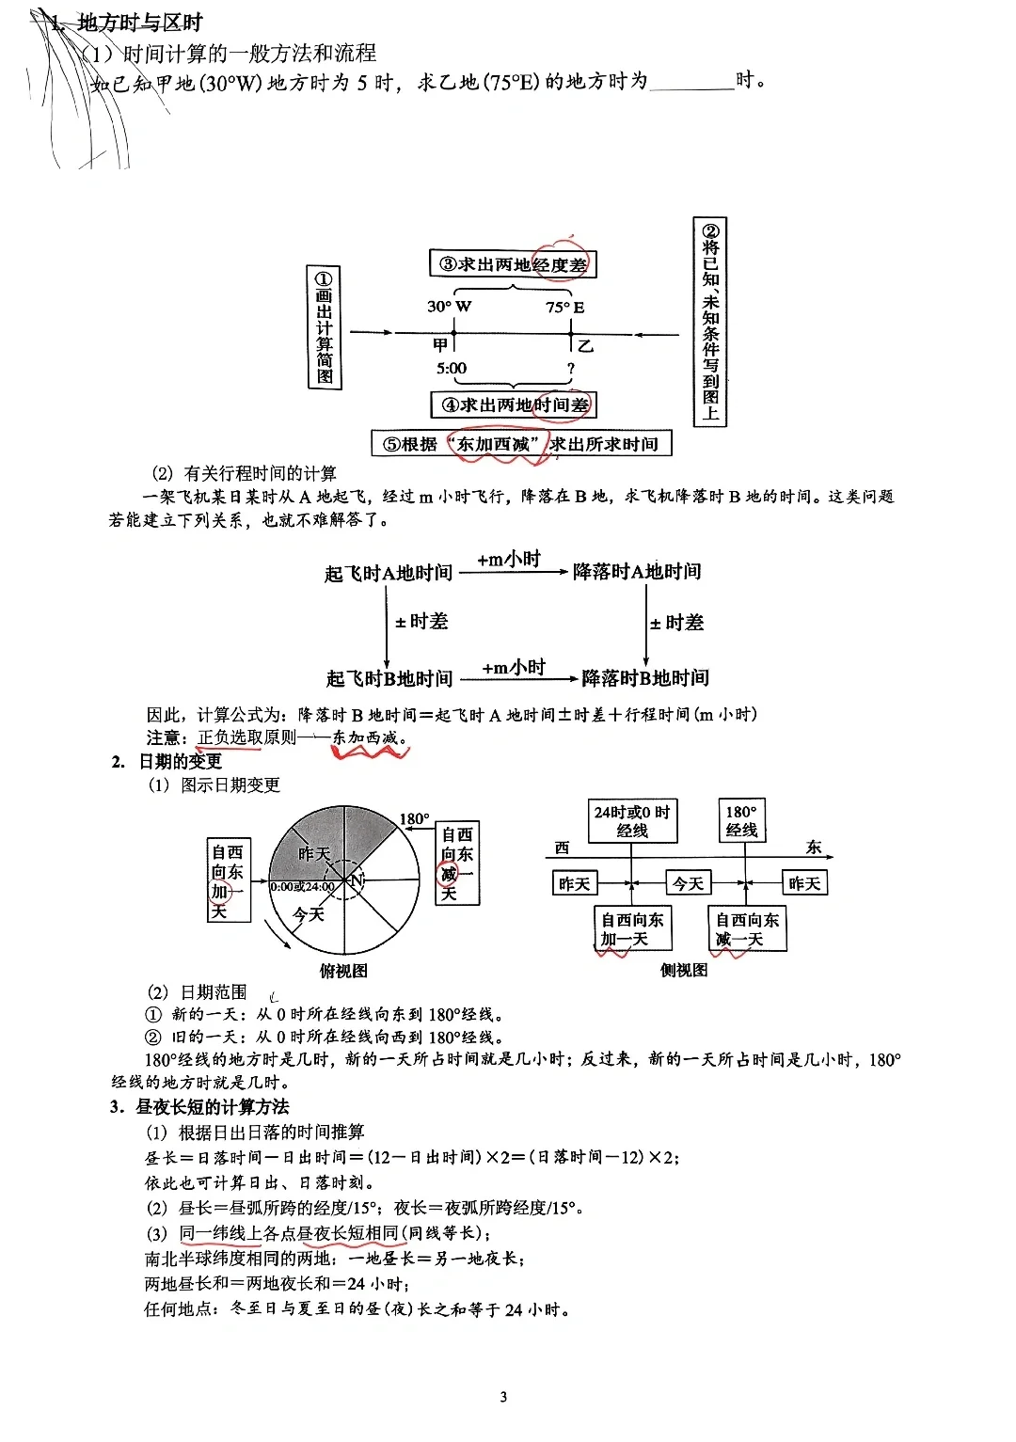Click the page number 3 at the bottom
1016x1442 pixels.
503,1397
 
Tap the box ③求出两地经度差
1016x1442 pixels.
513,264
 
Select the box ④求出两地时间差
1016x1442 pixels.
514,405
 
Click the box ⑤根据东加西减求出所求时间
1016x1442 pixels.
521,443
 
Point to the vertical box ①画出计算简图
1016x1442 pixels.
325,326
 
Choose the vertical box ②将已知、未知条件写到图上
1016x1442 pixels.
710,322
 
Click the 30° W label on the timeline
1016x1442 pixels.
449,306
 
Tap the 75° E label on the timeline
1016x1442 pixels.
564,307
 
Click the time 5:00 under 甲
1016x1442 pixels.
452,368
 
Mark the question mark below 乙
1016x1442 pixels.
570,369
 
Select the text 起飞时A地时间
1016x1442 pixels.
389,573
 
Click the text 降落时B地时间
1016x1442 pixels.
645,677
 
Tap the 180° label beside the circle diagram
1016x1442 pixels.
414,818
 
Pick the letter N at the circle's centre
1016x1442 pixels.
356,880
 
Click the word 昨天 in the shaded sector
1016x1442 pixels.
314,853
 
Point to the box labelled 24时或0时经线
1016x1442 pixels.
631,820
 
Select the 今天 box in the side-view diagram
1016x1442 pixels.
688,883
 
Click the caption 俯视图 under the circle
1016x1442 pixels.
343,971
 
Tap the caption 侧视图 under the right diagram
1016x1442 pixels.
683,970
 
